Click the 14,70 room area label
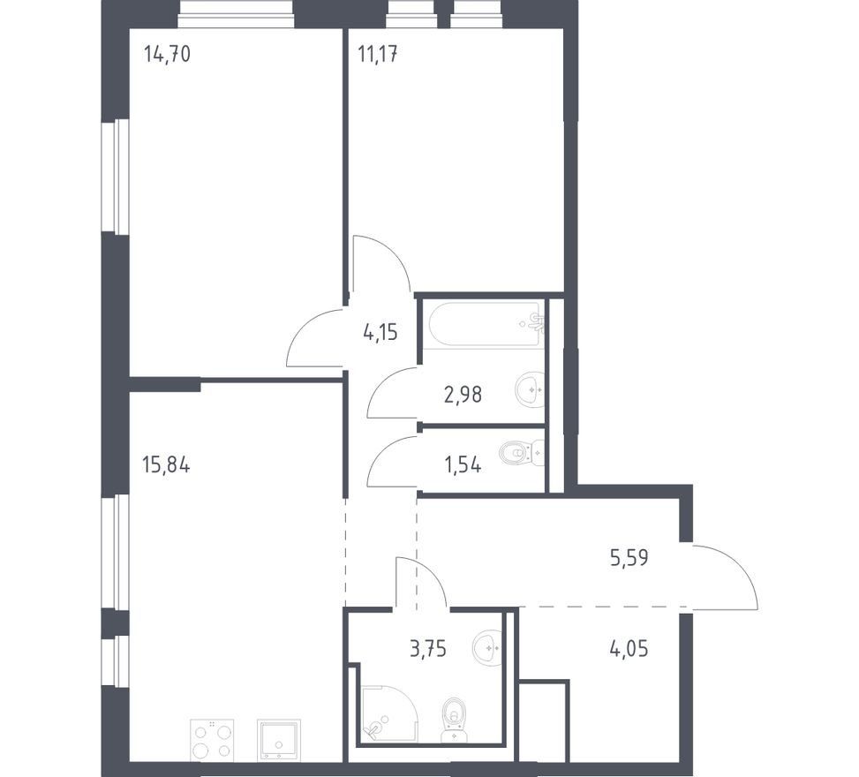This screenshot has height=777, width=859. tap(167, 54)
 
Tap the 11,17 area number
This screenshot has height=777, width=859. tap(378, 54)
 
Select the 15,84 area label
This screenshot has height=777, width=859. tap(166, 465)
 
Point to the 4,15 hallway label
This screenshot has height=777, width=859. tap(381, 333)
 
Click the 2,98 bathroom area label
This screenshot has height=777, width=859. tap(463, 394)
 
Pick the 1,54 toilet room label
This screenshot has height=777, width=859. tap(463, 465)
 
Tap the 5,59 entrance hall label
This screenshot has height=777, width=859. tap(629, 558)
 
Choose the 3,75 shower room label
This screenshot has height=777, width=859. tap(428, 649)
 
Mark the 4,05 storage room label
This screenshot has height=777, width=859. tap(629, 649)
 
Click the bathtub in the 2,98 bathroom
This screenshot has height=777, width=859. tap(486, 324)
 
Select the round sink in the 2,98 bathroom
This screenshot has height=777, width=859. tap(530, 389)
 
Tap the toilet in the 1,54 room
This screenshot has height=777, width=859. tap(522, 453)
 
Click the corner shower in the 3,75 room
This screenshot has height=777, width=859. tap(388, 712)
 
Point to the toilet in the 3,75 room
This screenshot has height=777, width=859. tap(454, 720)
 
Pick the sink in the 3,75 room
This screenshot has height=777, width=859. tap(486, 646)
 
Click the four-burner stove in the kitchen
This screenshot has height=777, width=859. tap(212, 739)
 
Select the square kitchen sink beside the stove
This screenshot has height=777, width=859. tap(279, 739)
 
